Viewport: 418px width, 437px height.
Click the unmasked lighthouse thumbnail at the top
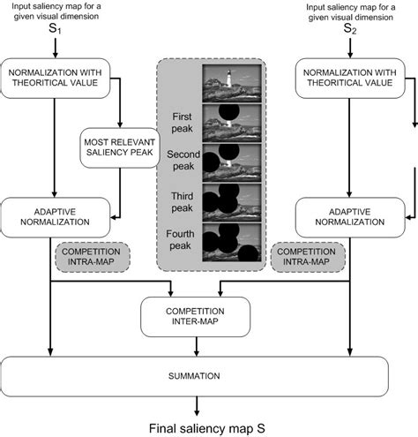[229, 84]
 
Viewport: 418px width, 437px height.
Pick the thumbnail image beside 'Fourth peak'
[229, 246]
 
